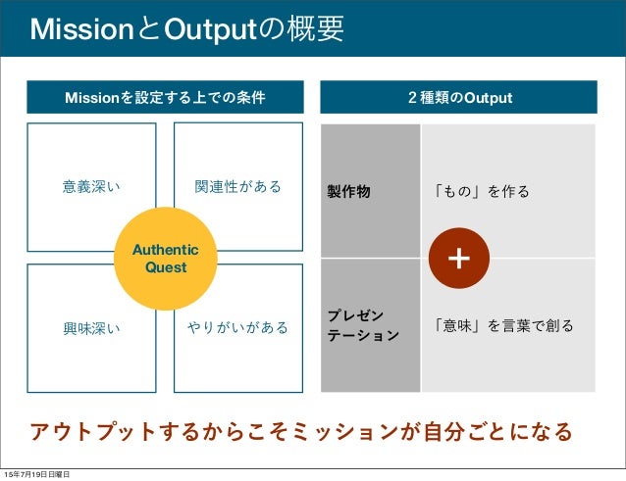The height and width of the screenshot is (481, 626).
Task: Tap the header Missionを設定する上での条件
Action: [165, 99]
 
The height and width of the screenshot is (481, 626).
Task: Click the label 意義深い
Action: [91, 186]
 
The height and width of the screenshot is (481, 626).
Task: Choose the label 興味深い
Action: [91, 327]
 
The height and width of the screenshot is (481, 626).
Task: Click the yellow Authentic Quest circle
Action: [165, 259]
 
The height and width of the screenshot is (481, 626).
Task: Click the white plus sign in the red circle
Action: [459, 258]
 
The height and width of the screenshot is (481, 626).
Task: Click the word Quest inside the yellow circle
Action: [165, 267]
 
